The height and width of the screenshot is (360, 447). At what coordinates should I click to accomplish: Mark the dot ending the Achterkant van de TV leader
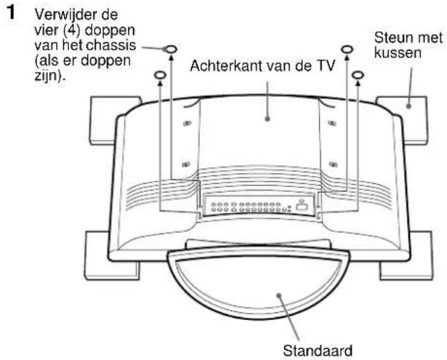[x=267, y=114]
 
